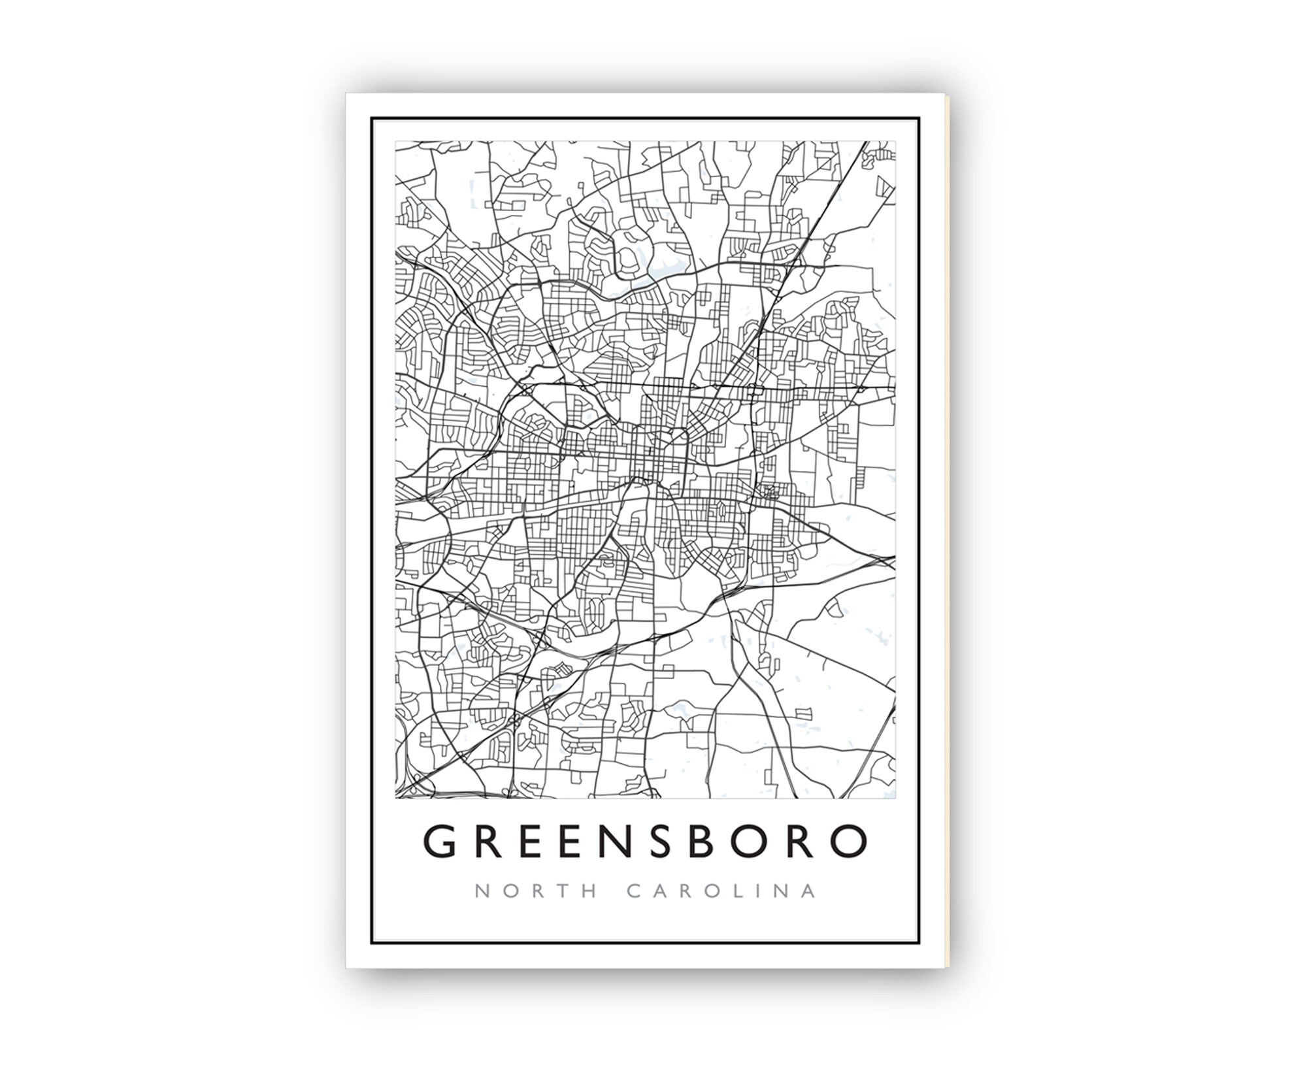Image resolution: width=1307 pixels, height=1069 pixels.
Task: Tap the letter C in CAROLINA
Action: [634, 891]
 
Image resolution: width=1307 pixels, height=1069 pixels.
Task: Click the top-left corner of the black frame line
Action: [372, 118]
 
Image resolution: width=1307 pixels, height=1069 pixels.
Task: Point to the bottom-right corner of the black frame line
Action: [919, 944]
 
